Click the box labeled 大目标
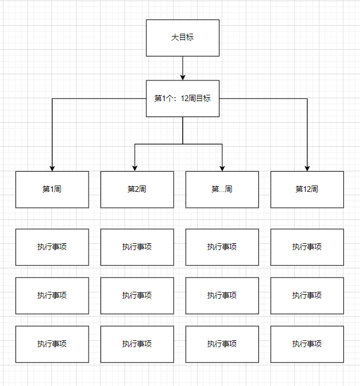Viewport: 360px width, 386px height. tap(182, 38)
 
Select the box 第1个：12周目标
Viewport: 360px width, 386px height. tap(182, 98)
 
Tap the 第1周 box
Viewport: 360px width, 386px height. tap(52, 189)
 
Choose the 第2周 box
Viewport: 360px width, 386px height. tap(137, 189)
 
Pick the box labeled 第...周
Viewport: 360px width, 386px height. tap(222, 189)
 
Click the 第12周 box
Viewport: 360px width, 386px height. tap(307, 189)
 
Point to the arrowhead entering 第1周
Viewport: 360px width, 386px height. tap(52, 168)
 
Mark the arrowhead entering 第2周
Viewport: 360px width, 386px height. tap(134, 168)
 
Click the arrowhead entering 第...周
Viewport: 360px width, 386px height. tap(222, 168)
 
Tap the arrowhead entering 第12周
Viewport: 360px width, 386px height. tap(307, 168)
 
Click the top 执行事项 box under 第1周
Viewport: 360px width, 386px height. tap(52, 247)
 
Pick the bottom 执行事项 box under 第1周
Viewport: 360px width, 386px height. tap(52, 344)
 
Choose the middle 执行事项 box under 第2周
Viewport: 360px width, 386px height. tap(137, 295)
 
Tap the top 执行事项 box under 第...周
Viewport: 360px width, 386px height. tap(222, 247)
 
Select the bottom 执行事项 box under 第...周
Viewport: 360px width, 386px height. tap(222, 344)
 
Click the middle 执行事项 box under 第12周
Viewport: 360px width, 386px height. tap(307, 295)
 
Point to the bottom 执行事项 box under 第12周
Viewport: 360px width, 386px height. tap(307, 344)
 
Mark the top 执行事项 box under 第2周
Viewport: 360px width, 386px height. tap(137, 247)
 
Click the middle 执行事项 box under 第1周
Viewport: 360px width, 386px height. tap(52, 295)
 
